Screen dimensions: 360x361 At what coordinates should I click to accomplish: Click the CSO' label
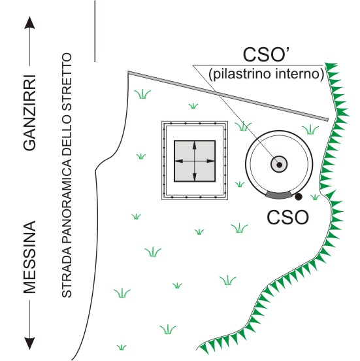267,54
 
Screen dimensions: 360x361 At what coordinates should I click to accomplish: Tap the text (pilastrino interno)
267,74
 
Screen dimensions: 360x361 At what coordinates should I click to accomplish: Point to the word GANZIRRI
30,112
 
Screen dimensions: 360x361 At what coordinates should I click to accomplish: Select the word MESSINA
30,257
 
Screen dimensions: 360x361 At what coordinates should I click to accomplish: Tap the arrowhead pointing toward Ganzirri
29,23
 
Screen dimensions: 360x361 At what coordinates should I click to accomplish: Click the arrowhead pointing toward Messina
29,343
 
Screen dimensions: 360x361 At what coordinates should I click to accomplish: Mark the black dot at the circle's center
279,165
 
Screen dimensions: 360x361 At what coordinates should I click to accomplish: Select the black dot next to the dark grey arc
299,197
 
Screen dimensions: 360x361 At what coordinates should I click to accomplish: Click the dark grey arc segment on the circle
278,196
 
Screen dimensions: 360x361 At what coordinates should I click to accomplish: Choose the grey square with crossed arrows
195,161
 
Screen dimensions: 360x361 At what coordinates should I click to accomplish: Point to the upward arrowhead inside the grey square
195,145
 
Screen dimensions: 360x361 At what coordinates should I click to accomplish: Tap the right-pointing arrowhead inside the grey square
210,161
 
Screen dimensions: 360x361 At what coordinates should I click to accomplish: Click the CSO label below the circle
287,217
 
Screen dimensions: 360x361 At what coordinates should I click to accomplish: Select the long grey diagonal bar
228,95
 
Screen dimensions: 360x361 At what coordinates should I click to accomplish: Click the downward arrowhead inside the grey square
195,177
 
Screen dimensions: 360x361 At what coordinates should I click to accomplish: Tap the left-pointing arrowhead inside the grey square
179,161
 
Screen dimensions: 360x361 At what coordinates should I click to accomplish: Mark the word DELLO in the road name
67,129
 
